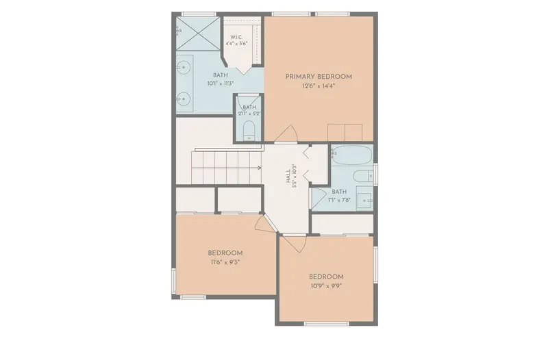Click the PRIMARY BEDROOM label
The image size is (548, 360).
click(319, 77)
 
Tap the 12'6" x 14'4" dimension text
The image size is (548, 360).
click(319, 86)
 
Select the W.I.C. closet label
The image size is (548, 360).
click(236, 38)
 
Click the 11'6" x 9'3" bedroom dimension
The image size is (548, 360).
click(225, 262)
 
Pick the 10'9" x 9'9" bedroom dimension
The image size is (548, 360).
click(326, 286)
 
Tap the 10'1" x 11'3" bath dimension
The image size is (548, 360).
click(221, 83)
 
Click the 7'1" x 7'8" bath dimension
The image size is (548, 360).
click(339, 201)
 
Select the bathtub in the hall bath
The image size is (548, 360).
click(351, 155)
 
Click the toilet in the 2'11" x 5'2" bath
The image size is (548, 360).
click(249, 131)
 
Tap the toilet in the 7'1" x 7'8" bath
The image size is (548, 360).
click(364, 176)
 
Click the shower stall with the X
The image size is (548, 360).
click(197, 34)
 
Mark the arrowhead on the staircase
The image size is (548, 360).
click(260, 168)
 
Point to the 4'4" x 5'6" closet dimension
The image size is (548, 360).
click(236, 44)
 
